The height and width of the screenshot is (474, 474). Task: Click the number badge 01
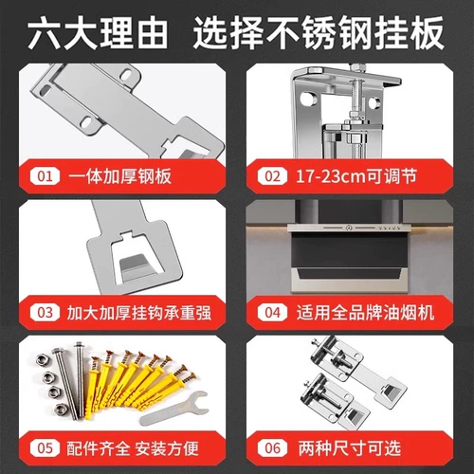(x=46, y=176)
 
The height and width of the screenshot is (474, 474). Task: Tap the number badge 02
(x=273, y=176)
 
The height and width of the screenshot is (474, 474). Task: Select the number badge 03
(x=46, y=313)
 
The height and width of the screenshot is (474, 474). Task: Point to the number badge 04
(x=273, y=313)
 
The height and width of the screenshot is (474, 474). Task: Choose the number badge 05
(x=46, y=448)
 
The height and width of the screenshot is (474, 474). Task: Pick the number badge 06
(x=273, y=448)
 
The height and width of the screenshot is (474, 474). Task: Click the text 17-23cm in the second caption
(x=331, y=176)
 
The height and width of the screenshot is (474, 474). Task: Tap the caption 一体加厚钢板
(x=120, y=176)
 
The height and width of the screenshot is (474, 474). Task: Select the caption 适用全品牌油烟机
(x=365, y=313)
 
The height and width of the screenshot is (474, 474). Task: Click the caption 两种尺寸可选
(x=350, y=448)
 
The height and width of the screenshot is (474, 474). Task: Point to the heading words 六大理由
(x=98, y=33)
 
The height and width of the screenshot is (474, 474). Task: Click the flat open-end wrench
(x=174, y=409)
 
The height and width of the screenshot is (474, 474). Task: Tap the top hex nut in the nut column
(x=42, y=360)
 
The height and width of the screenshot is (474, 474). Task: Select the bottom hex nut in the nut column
(x=60, y=410)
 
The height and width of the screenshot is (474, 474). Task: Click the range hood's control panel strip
(x=349, y=228)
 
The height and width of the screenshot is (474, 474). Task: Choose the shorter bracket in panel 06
(x=334, y=401)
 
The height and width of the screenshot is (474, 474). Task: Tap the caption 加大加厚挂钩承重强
(x=139, y=313)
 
